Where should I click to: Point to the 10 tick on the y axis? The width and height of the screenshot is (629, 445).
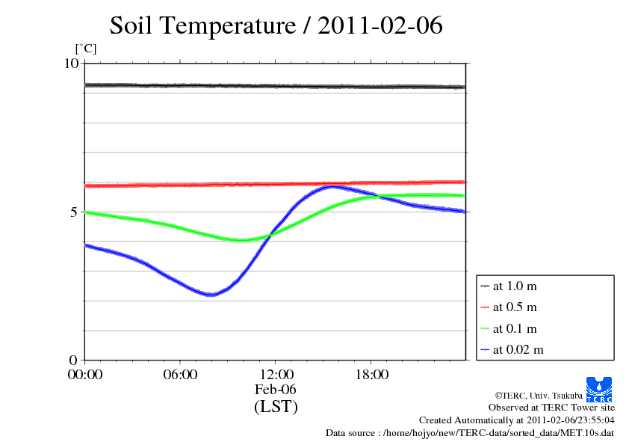(71, 64)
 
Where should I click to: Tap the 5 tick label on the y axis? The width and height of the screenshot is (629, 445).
(75, 212)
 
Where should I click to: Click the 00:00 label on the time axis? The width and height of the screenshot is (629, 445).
(85, 375)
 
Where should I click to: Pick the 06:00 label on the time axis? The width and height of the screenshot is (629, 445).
(180, 375)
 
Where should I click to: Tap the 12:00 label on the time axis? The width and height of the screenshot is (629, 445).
(276, 375)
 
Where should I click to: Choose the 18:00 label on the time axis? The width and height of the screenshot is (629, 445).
(371, 375)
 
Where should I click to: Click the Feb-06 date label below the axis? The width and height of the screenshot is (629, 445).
(276, 390)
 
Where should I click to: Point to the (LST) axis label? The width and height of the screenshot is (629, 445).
(276, 408)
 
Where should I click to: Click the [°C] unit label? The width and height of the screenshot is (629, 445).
(86, 49)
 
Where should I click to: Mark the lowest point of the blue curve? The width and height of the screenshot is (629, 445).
(211, 294)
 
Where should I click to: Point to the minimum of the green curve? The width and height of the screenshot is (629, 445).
(242, 240)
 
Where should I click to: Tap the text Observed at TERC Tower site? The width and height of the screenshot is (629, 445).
(551, 408)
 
